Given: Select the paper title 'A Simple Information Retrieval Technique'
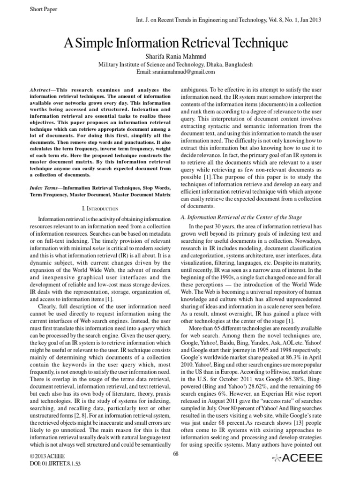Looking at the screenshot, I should pyautogui.click(x=180, y=45).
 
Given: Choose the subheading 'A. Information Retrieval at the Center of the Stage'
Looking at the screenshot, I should pyautogui.click(x=241, y=217).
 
